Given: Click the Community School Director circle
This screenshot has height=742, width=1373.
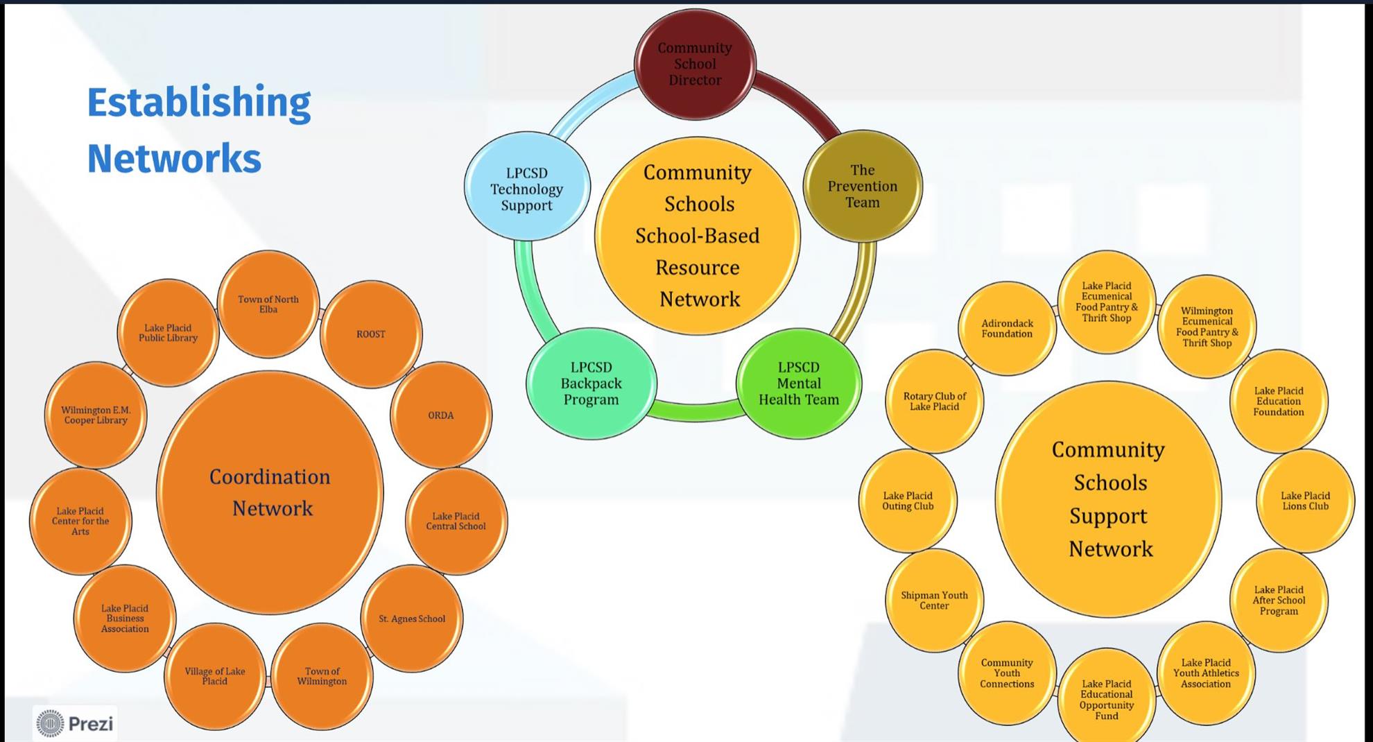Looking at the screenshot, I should point(695,64).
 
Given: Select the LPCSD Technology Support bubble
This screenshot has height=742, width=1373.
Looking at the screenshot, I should point(527,187).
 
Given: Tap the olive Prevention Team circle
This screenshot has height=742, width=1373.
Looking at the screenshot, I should point(863,186).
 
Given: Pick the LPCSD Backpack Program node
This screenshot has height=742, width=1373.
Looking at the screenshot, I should point(591,383).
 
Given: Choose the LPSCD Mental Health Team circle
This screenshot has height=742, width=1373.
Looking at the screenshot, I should point(799,383).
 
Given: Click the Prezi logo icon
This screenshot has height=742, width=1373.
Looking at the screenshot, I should point(50,723).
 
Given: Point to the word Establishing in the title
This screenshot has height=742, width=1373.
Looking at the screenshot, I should point(199,102).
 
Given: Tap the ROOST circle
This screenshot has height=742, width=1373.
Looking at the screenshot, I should point(371,334).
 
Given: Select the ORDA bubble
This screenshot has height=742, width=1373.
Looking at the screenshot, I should point(441,415).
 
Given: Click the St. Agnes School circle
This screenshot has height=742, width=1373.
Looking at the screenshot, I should point(412,619).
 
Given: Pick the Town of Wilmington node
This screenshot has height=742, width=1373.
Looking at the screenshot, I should point(322,676).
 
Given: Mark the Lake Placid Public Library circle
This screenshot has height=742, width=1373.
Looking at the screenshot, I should point(168,333).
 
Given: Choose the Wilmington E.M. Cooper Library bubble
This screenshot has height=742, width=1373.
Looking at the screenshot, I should point(96,415).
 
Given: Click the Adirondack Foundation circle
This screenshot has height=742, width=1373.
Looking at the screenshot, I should point(1007,329).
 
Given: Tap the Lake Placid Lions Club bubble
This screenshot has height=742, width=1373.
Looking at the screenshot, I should point(1305,501).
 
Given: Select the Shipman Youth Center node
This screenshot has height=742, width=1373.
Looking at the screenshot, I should point(934,601).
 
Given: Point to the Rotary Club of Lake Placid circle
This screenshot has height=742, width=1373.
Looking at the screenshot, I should point(934,402).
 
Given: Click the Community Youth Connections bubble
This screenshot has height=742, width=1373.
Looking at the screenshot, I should point(1007,673).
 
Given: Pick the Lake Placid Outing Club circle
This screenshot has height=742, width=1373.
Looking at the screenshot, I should point(908,501).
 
